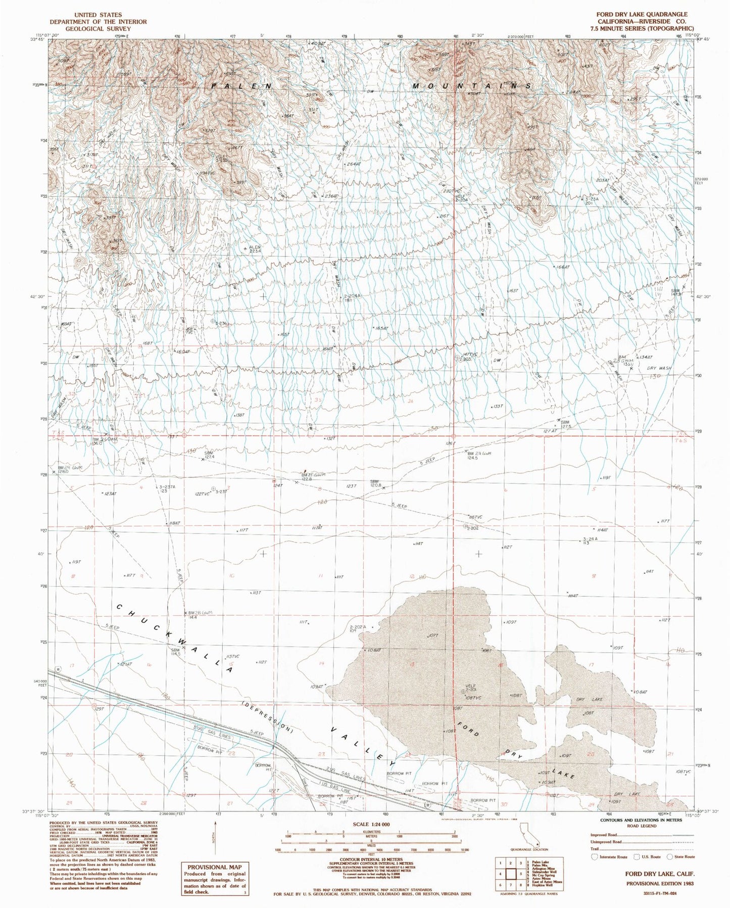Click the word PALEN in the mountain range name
[x=241, y=86]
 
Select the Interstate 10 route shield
[x=58, y=669]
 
